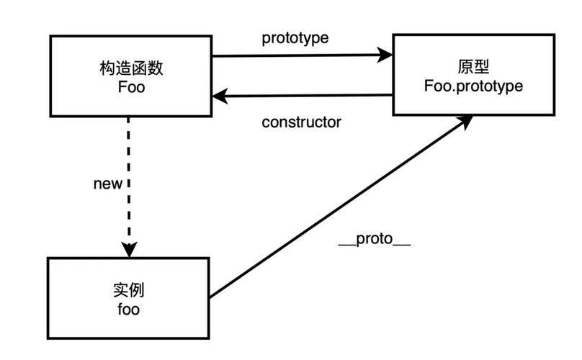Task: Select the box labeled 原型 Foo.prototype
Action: (473, 73)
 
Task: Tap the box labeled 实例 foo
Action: (128, 298)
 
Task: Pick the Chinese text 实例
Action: (129, 291)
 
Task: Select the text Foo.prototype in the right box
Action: (474, 85)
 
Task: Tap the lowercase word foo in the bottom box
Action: (128, 310)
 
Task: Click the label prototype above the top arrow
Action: (295, 38)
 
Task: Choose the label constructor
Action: (301, 122)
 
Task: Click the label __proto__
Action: (375, 240)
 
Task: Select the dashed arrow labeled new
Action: (129, 180)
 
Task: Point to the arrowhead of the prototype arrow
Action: (386, 55)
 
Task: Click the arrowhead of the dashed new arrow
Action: (129, 250)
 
